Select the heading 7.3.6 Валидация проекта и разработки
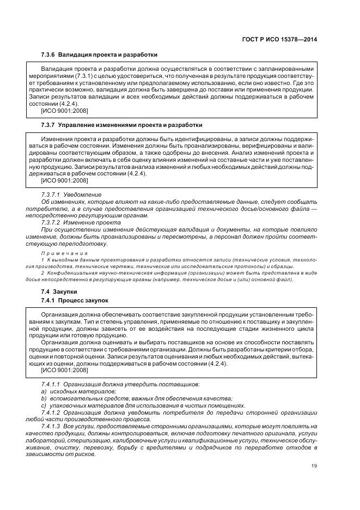(99, 55)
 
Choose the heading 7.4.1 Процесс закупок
(75, 300)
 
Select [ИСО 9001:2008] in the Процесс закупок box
(64, 370)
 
